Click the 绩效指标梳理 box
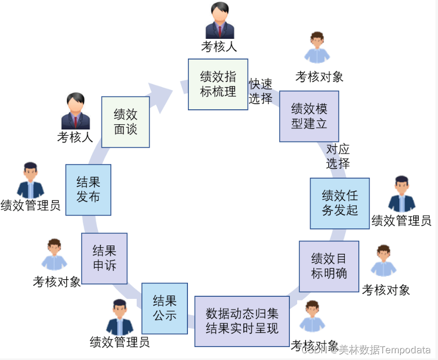click(218, 84)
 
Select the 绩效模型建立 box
click(309, 116)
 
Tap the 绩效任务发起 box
click(340, 203)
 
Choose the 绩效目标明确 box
click(329, 266)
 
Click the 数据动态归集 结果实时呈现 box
click(242, 321)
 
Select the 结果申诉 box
click(104, 258)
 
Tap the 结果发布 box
click(88, 190)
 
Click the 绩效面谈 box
click(126, 122)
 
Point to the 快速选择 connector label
click(260, 91)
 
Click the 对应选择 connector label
click(338, 156)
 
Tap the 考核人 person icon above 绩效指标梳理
click(220, 21)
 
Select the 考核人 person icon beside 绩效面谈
click(76, 111)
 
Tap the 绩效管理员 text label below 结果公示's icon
click(120, 341)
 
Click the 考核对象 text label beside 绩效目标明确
click(386, 290)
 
